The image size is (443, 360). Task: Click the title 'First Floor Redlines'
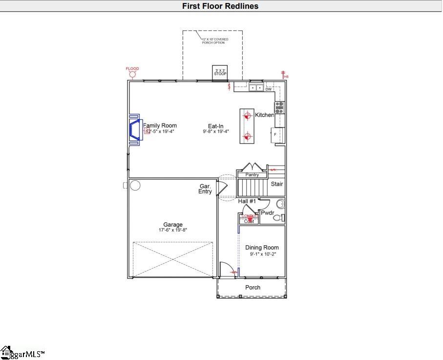[220, 6]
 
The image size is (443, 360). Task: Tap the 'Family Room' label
[160, 126]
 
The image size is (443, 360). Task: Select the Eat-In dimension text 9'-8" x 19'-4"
[216, 131]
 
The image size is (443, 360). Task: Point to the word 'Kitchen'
[265, 115]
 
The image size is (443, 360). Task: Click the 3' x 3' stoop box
[221, 72]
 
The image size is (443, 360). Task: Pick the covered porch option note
[215, 41]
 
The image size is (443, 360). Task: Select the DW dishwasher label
[269, 89]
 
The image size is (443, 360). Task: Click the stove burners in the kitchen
[280, 107]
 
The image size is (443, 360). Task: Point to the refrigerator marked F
[277, 134]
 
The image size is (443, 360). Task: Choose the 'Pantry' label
[252, 174]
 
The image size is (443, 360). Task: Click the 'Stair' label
[277, 184]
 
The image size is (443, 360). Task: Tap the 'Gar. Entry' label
[205, 189]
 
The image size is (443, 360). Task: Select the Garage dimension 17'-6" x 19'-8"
[173, 230]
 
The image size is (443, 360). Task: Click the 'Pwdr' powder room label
[267, 213]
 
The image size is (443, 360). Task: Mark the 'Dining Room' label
[262, 248]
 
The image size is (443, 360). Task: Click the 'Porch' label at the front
[253, 287]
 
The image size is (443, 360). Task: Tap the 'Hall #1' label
[247, 201]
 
